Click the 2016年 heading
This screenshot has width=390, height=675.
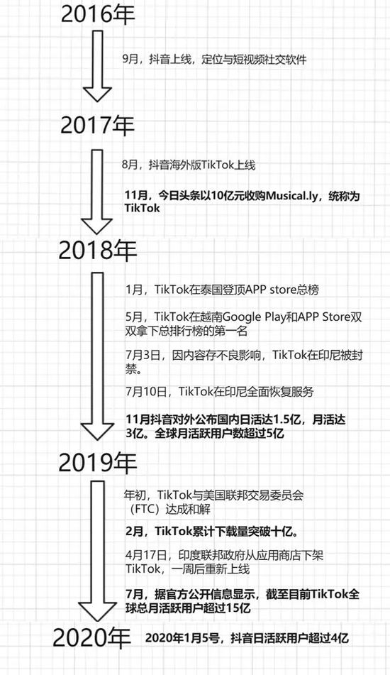click(98, 13)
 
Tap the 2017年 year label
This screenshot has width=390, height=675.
click(98, 125)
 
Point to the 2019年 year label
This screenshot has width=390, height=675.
click(98, 462)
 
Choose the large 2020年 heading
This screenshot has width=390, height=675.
click(91, 637)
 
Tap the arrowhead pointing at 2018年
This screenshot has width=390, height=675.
click(97, 226)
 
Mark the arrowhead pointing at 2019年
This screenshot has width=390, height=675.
click(98, 432)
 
